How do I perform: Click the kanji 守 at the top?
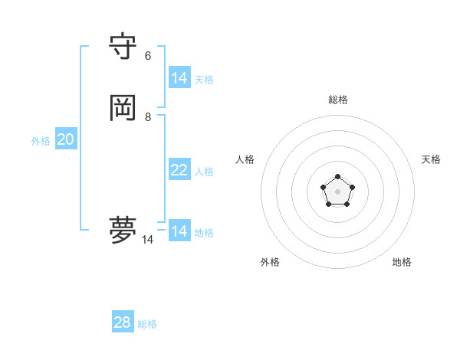click(x=123, y=47)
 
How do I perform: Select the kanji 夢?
click(x=123, y=229)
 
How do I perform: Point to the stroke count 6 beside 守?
click(x=148, y=55)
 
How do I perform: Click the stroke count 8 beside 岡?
click(x=148, y=116)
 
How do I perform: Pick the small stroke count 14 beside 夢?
click(x=147, y=240)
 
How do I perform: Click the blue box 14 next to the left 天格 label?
click(x=179, y=78)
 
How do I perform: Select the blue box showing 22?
click(x=179, y=170)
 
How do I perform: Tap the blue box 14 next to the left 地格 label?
click(x=179, y=231)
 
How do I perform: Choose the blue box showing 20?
click(x=66, y=139)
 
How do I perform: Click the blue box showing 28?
click(x=123, y=322)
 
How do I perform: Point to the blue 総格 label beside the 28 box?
click(x=147, y=324)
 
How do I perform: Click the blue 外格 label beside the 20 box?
click(x=41, y=141)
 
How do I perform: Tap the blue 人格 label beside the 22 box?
click(x=204, y=172)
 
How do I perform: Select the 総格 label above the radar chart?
click(x=338, y=100)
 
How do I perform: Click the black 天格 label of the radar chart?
click(x=431, y=159)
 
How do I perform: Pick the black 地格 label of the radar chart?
click(x=402, y=262)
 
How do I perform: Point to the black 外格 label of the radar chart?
click(x=270, y=262)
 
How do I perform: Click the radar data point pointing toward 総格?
click(x=338, y=177)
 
